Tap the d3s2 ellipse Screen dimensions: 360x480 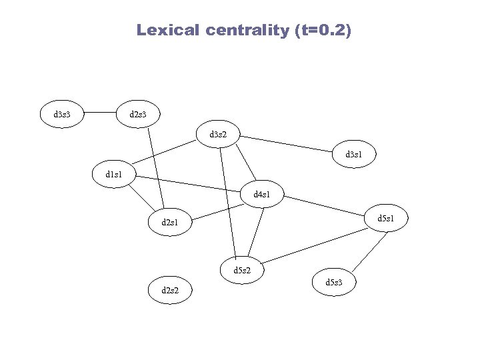click(218, 135)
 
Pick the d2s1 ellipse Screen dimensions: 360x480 click(170, 222)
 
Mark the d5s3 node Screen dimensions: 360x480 click(334, 283)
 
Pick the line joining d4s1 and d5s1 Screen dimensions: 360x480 click(327, 207)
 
